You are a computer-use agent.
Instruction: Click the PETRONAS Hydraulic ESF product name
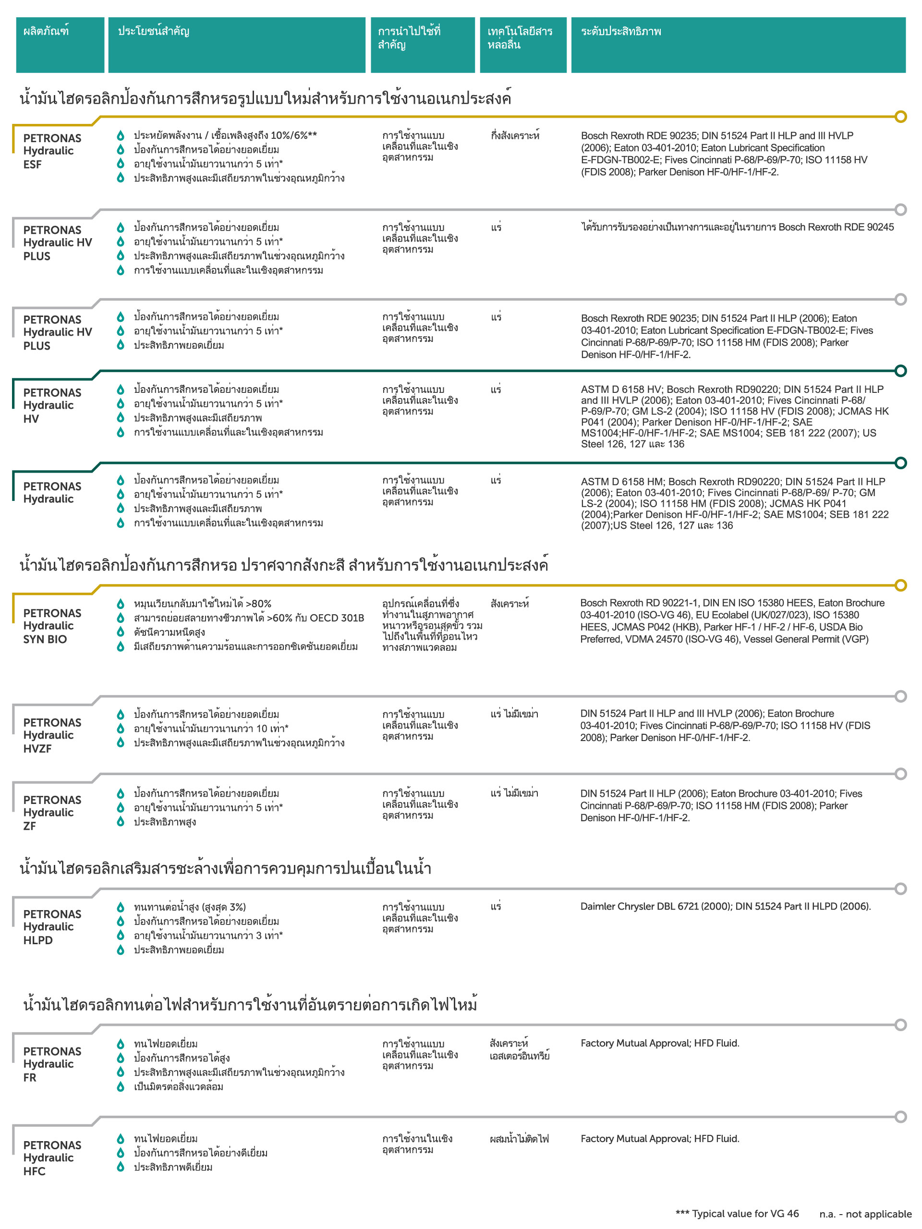tap(52, 151)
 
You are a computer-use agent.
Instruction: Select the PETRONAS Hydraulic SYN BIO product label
tap(52, 626)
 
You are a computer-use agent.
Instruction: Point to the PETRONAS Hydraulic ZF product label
tap(52, 812)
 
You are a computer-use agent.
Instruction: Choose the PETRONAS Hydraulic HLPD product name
tap(52, 926)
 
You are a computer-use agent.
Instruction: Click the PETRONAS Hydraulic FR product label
tap(52, 1063)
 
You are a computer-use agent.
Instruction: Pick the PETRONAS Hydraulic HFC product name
tap(52, 1157)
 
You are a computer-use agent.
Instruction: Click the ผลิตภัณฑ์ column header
tap(46, 32)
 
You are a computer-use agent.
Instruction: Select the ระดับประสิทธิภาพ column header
tap(620, 32)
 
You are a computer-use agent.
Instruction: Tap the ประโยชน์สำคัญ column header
tap(153, 32)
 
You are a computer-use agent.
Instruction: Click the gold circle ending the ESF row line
tap(900, 117)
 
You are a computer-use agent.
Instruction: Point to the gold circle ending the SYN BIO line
tap(900, 585)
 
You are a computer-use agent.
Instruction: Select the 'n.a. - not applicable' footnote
tap(865, 1214)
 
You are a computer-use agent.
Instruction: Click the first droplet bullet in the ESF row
tap(120, 135)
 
